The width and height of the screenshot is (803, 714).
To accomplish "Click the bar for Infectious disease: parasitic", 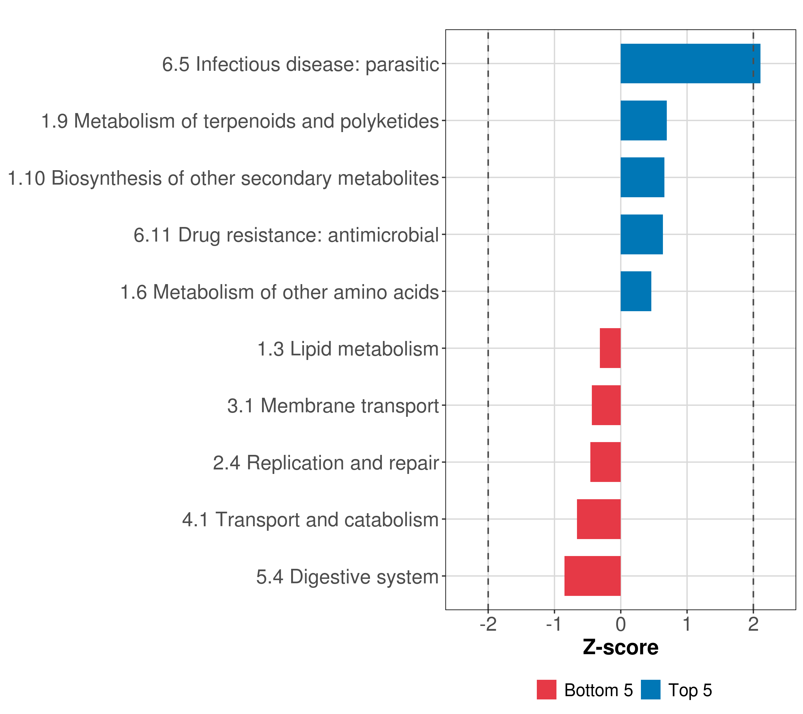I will tap(690, 63).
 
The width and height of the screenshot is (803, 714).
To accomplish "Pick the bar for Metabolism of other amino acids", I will tap(636, 291).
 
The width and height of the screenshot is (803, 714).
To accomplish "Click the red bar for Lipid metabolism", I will tap(610, 348).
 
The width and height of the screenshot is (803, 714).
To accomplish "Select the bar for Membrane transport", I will tap(606, 405).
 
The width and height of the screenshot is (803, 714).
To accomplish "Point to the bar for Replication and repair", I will tap(606, 462).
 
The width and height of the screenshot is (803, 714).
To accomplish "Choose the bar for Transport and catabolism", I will tap(599, 519).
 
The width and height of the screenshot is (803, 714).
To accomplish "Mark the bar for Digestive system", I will tap(592, 576).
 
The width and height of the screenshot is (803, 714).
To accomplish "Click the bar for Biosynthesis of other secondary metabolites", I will tap(642, 177).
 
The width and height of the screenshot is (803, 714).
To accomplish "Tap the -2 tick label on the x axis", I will tap(488, 624).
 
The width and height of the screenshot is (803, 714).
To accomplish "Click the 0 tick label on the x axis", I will tap(621, 624).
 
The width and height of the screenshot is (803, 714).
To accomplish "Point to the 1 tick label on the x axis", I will tap(687, 624).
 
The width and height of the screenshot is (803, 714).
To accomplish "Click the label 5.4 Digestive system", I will tap(347, 577).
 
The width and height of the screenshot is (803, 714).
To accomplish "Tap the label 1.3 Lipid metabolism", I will tap(348, 349).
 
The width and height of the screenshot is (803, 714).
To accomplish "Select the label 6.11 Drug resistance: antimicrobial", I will tap(286, 235).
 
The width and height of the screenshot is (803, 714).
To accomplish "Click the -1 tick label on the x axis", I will tap(554, 624).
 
